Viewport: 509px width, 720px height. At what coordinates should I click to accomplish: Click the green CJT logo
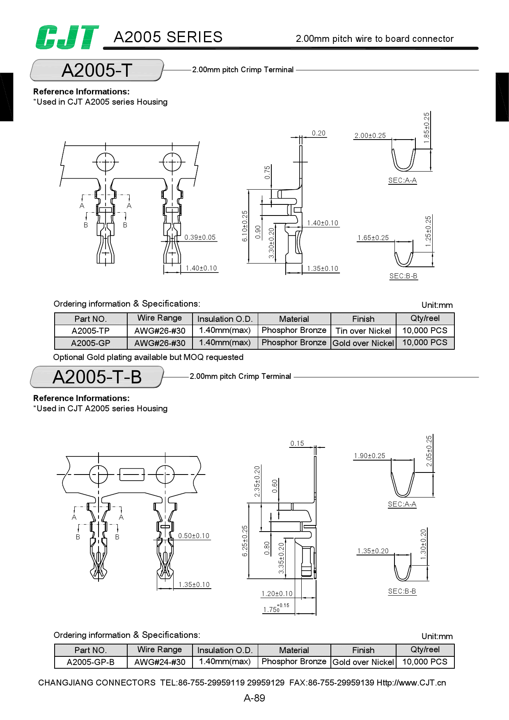[x=67, y=37]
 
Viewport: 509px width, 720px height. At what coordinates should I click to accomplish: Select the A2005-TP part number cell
[x=90, y=331]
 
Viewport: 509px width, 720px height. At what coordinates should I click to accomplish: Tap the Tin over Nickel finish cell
[x=363, y=331]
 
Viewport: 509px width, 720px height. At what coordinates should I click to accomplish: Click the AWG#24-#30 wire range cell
[x=160, y=662]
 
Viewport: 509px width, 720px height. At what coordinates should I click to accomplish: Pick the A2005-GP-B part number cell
[x=90, y=662]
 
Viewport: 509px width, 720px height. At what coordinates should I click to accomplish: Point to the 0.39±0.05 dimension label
[x=200, y=237]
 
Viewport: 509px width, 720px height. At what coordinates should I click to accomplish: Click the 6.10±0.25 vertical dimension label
[x=245, y=226]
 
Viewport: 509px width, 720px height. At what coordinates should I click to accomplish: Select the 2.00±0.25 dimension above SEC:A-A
[x=370, y=135]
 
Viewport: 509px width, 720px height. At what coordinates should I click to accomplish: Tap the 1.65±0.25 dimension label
[x=373, y=238]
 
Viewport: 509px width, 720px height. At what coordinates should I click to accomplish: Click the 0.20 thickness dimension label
[x=319, y=133]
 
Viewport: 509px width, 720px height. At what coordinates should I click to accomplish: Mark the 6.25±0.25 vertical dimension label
[x=245, y=541]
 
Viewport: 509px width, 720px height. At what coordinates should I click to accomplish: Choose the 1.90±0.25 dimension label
[x=369, y=456]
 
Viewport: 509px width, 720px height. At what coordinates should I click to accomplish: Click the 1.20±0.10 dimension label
[x=277, y=594]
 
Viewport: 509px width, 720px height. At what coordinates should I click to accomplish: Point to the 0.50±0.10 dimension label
[x=194, y=536]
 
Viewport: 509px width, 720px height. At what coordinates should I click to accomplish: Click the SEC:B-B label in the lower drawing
[x=402, y=591]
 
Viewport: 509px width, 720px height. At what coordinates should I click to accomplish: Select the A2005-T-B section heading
[x=97, y=377]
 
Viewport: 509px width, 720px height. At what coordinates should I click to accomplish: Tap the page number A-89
[x=254, y=698]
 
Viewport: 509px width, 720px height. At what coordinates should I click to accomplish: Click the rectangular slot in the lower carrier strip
[x=131, y=474]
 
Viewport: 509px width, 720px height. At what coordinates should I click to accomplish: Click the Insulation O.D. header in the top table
[x=225, y=319]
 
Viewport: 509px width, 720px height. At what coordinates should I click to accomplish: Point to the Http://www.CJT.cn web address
[x=411, y=683]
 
